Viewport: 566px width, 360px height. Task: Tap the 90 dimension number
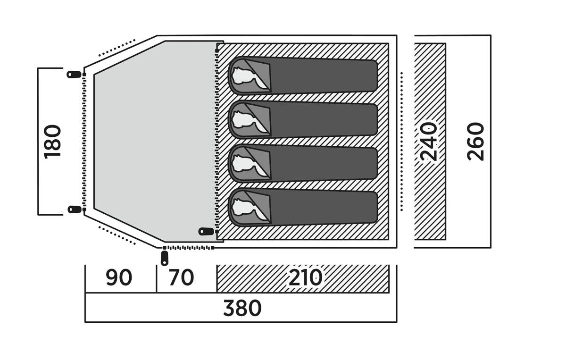[x=118, y=278]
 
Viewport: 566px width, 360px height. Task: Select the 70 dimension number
[x=181, y=278]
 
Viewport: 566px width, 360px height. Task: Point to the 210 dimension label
[x=305, y=278]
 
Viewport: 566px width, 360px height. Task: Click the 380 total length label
[x=242, y=309]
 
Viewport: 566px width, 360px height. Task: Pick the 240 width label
[x=429, y=141]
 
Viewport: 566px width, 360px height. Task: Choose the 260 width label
[x=476, y=141]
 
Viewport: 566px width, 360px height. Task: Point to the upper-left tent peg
[x=74, y=75]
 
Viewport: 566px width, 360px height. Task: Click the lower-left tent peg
[x=74, y=209]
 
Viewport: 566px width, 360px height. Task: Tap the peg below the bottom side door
[x=165, y=258]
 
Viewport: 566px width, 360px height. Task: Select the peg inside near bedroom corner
[x=206, y=231]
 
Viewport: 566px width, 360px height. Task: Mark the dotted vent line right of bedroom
[x=401, y=141]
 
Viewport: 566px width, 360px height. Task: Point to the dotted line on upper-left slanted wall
[x=117, y=48]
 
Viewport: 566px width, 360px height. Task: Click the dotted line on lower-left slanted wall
[x=117, y=235]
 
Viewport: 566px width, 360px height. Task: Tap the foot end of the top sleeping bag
[x=368, y=75]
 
